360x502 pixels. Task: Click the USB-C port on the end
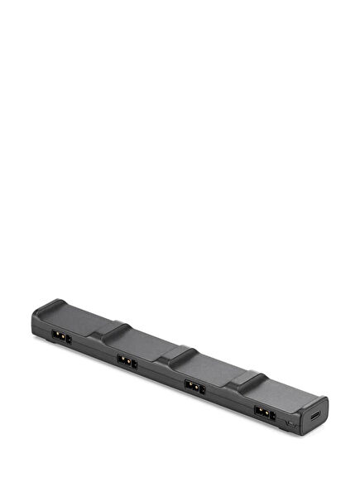pyautogui.click(x=315, y=418)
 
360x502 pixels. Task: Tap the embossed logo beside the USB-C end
pyautogui.click(x=290, y=420)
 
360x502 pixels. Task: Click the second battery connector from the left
pyautogui.click(x=127, y=361)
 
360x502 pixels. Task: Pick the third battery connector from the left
pyautogui.click(x=195, y=387)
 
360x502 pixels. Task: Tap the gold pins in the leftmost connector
pyautogui.click(x=60, y=337)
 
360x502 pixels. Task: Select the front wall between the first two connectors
pyautogui.click(x=94, y=350)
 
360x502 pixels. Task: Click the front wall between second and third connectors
pyautogui.click(x=161, y=374)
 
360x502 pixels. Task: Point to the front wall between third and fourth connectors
pyautogui.click(x=229, y=399)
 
